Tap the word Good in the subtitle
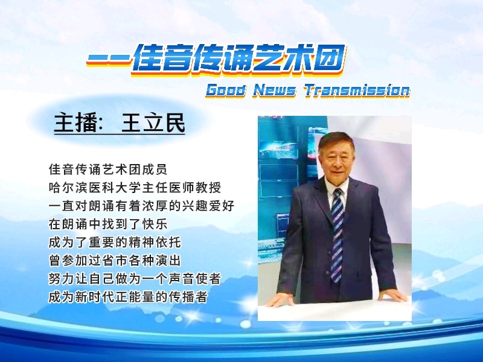coord(226,91)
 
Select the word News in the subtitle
coord(274,91)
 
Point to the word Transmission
coord(357,91)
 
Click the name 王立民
coord(153,122)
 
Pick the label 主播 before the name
coord(75,122)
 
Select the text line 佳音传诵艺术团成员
coord(108,170)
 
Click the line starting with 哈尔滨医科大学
coord(135,188)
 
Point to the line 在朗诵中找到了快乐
coord(108,224)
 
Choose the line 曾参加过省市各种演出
coord(115,261)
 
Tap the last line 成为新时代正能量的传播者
coord(128,297)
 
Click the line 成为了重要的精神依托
coord(115,243)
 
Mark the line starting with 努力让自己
coord(135,279)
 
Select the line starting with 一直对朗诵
coord(141,206)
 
